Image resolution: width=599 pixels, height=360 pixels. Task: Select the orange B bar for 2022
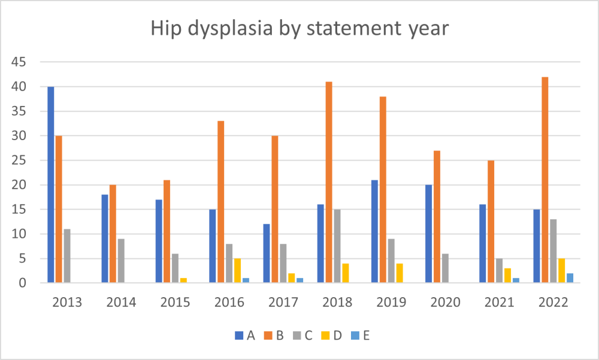point(544,180)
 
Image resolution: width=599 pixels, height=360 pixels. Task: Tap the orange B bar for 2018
point(329,182)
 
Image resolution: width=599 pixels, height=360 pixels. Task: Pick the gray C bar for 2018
point(337,246)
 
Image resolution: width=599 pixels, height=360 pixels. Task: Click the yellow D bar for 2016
point(238,270)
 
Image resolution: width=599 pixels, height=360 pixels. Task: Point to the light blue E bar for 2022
point(570,278)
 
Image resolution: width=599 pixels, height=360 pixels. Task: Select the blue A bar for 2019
point(374,231)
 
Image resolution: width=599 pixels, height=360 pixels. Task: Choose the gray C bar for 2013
point(67,256)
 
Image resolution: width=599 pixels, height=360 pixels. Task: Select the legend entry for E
point(359,335)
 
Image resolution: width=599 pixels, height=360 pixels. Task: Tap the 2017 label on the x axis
point(283,302)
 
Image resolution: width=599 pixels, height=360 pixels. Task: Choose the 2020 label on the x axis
point(445,302)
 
